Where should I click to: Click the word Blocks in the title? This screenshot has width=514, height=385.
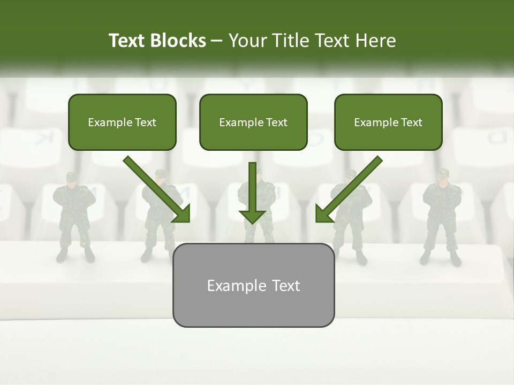178,41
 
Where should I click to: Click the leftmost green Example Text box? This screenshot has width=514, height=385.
122,122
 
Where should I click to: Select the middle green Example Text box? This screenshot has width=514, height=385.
253,122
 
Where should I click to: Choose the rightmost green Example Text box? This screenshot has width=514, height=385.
388,122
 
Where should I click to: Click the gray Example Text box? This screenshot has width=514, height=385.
253,286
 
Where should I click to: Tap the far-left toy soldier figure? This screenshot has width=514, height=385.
74,217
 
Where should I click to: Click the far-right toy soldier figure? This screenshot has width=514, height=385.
442,217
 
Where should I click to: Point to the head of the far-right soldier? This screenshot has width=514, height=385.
442,177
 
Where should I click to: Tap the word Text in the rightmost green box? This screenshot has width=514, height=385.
411,122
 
